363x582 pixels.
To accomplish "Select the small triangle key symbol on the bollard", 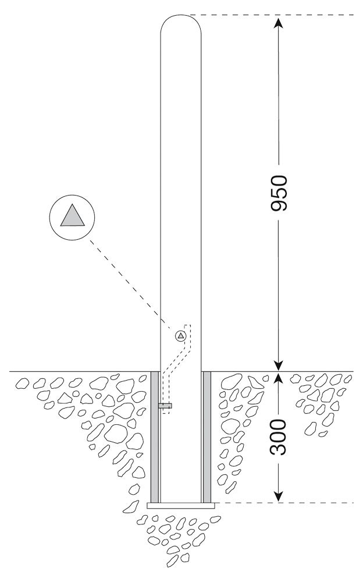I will [x=180, y=336].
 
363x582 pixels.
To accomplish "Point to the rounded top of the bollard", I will [x=181, y=20].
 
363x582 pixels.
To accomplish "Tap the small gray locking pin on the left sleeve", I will [x=165, y=406].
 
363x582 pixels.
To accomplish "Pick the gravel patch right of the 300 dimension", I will [x=323, y=402].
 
